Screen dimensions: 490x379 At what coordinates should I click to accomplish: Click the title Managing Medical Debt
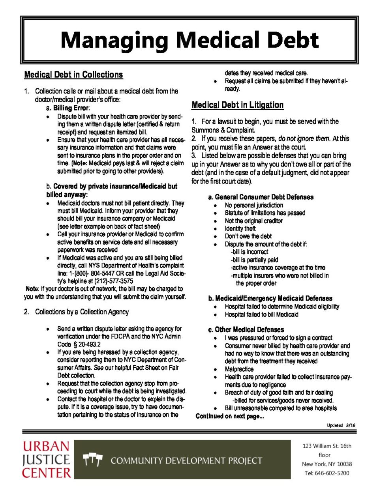(189, 40)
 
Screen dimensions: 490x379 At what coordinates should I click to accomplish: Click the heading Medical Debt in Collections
(73, 75)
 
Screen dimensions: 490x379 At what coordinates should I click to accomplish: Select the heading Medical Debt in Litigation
(237, 105)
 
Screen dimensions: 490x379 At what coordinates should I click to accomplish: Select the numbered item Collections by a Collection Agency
(82, 312)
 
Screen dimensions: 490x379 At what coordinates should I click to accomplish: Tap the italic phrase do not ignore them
(304, 138)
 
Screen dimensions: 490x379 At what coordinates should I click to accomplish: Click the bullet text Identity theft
(240, 228)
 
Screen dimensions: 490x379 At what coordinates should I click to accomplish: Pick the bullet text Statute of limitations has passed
(265, 213)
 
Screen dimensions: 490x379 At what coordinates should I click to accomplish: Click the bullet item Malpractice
(239, 369)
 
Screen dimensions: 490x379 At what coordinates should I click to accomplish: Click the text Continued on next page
(230, 416)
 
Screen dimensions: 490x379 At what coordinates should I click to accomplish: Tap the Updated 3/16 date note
(341, 425)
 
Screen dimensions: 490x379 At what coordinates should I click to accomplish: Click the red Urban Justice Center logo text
(46, 460)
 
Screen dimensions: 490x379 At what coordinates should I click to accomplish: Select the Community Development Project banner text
(186, 460)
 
